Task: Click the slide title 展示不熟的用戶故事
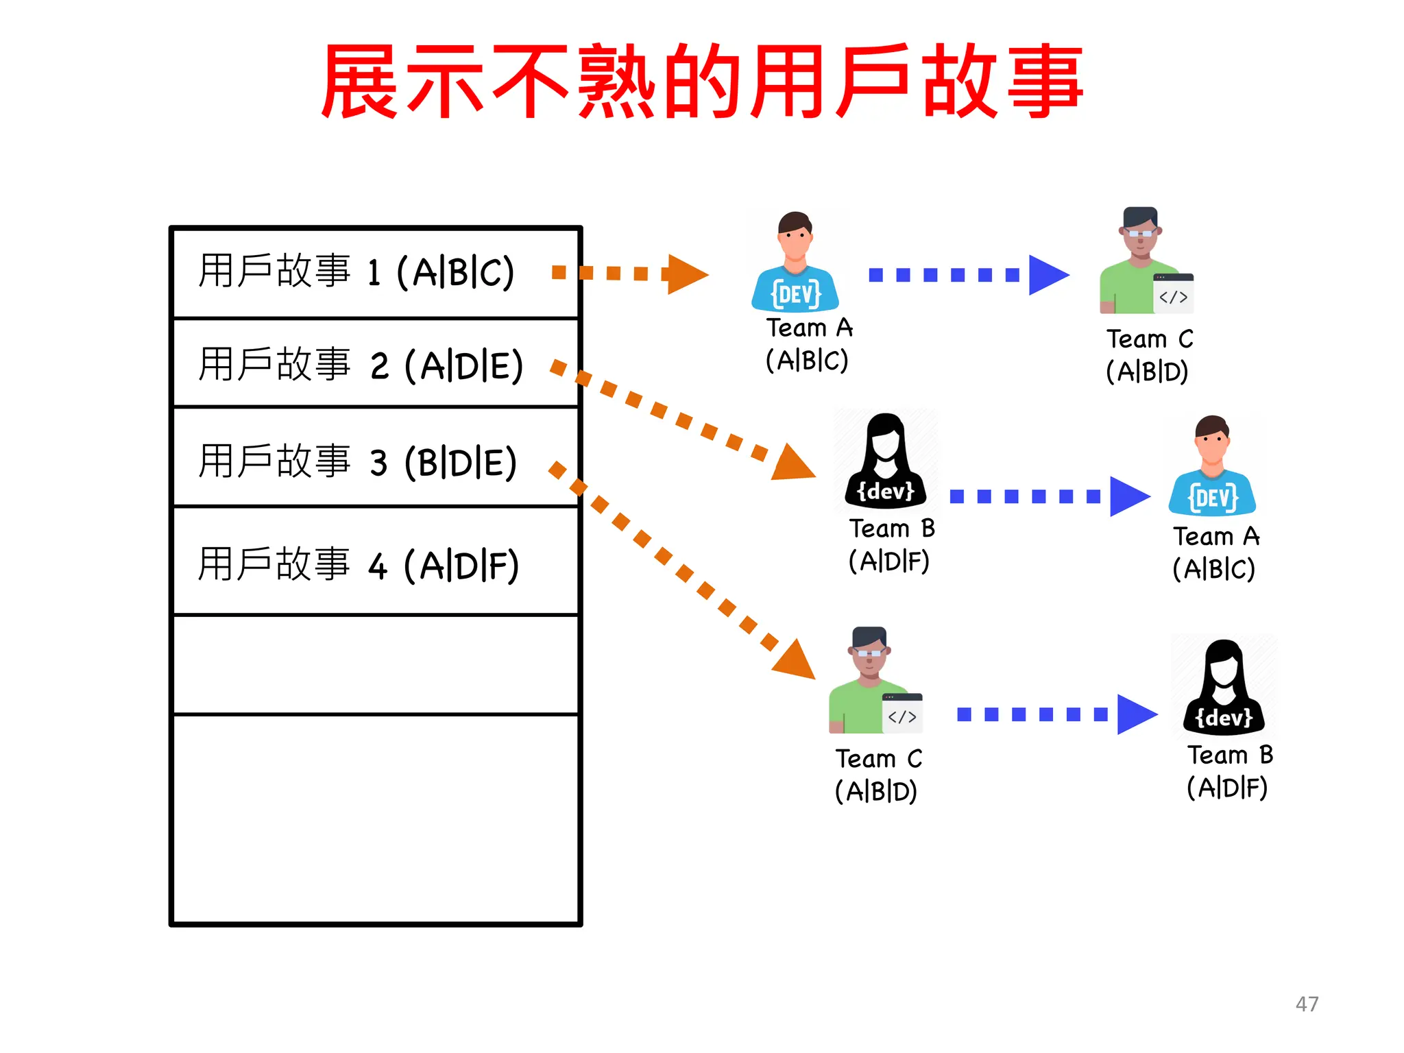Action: (x=702, y=81)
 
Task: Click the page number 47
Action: (x=1307, y=1004)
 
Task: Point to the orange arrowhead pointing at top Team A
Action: (x=687, y=274)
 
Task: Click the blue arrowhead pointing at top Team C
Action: (x=1048, y=275)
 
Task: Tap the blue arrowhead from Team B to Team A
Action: (x=1128, y=496)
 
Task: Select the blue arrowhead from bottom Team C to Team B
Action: (x=1135, y=714)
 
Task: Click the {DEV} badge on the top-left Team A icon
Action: (x=795, y=295)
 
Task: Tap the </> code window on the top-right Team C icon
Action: (x=1173, y=295)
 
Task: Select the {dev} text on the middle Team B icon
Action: (x=886, y=491)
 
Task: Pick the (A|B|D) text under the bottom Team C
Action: (x=876, y=791)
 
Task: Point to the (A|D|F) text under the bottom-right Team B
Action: (x=1227, y=788)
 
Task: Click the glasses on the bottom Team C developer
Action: (x=869, y=653)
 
